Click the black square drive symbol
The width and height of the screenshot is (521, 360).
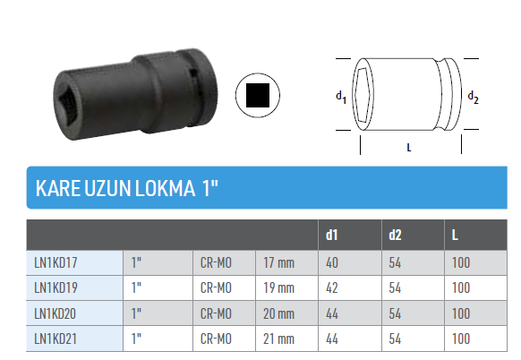(258, 95)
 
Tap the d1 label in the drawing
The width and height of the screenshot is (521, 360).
(341, 97)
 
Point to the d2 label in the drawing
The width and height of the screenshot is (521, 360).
(473, 97)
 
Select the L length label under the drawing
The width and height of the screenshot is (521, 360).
(409, 147)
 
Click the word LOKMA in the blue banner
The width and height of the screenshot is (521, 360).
(165, 188)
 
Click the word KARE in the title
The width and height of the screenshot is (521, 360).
(58, 188)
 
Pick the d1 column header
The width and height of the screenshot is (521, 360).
(331, 235)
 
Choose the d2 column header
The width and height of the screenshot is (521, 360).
(395, 235)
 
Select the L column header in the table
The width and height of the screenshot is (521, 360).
(455, 236)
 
